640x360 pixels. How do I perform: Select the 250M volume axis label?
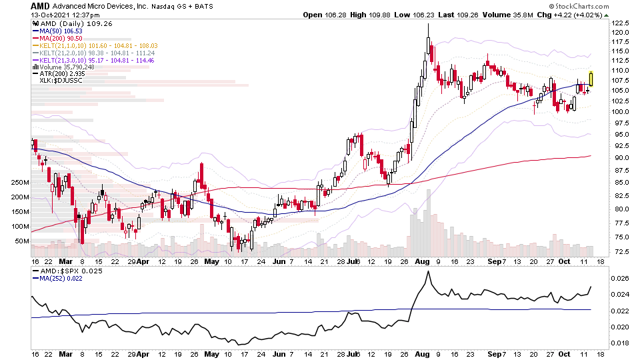click(20, 182)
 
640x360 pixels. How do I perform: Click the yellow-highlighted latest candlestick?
click(591, 78)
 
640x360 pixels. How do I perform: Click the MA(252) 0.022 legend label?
click(62, 281)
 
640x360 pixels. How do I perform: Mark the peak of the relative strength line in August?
click(428, 271)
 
